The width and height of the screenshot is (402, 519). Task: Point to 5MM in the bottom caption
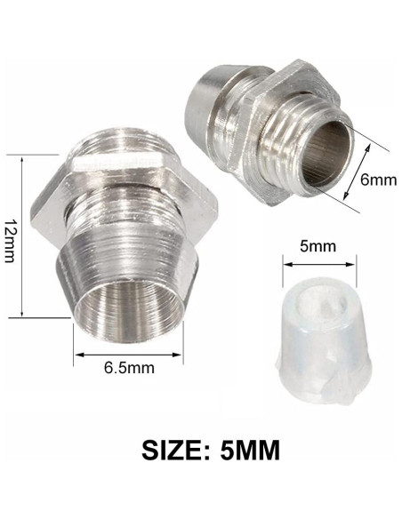pos(258,449)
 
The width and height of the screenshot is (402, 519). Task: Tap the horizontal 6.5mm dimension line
pos(128,355)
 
